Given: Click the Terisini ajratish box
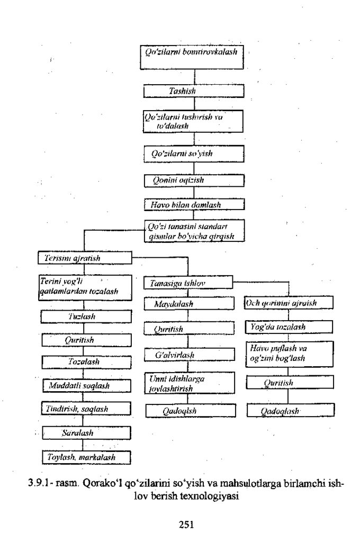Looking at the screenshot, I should (85, 259).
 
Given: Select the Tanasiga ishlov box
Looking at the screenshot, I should (188, 283).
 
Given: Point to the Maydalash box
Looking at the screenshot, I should (188, 305).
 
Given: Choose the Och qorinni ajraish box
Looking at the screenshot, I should (288, 304).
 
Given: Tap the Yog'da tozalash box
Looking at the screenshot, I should (288, 328).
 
